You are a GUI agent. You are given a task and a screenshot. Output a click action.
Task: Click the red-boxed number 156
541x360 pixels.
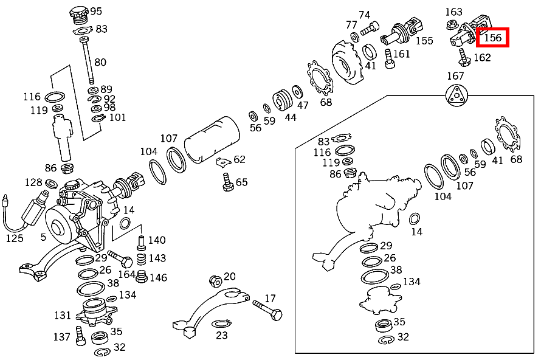coord(492,38)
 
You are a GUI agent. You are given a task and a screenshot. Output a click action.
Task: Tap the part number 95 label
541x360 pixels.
coord(96,11)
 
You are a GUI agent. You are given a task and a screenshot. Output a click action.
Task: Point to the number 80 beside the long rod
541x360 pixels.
coord(100,61)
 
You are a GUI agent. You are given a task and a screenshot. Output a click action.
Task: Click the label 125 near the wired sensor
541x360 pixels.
coord(15,238)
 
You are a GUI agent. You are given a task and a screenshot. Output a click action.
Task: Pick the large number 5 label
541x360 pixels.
coord(43,237)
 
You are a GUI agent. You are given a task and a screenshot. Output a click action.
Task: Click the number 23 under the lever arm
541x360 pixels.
coord(222,334)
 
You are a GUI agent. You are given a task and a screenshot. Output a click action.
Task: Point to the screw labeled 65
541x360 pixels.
coord(229,182)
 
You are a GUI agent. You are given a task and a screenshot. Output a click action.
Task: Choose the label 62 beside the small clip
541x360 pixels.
coord(239,159)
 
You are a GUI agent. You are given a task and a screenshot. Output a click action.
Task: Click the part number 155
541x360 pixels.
coord(424,41)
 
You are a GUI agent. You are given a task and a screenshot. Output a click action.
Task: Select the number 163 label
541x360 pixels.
coord(454,12)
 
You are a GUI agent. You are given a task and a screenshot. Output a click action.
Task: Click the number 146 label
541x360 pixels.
coord(157,277)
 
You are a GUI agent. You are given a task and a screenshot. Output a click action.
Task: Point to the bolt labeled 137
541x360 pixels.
coord(79,334)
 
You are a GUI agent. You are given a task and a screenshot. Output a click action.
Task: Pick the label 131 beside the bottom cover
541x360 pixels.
coord(63,315)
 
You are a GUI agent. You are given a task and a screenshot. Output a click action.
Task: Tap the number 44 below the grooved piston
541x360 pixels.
coord(291,117)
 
